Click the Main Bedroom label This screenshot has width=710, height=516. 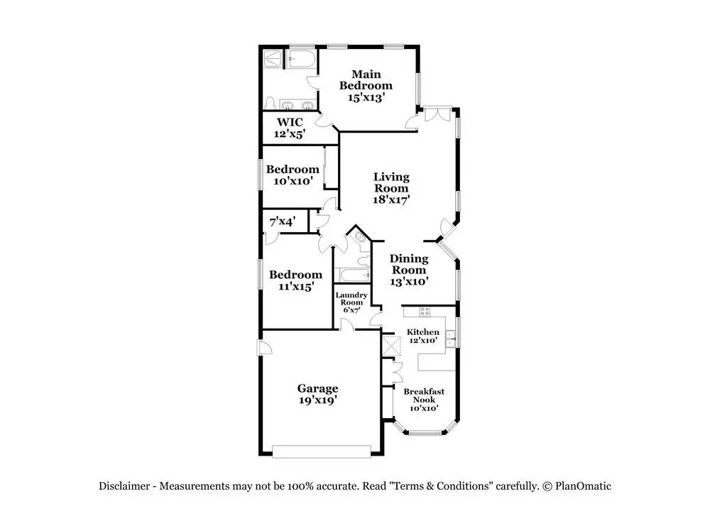click(366, 86)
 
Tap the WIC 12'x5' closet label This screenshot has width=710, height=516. click(290, 128)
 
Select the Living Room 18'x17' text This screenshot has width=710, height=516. click(391, 188)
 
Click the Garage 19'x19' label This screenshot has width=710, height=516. click(318, 394)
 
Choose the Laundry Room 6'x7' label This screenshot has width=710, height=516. click(351, 302)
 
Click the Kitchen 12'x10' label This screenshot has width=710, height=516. click(423, 336)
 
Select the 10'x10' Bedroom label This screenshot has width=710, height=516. click(293, 175)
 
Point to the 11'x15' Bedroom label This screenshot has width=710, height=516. click(295, 280)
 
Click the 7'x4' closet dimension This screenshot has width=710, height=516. click(283, 221)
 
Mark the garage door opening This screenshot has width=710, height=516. click(322, 451)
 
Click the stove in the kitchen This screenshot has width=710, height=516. click(425, 312)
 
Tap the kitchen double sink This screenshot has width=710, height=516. click(450, 339)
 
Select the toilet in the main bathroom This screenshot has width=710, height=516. click(270, 103)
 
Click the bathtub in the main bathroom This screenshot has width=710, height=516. click(301, 60)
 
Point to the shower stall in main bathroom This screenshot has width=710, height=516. click(273, 60)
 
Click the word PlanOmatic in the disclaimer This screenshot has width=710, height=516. click(583, 486)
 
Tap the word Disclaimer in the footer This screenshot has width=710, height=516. click(124, 486)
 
